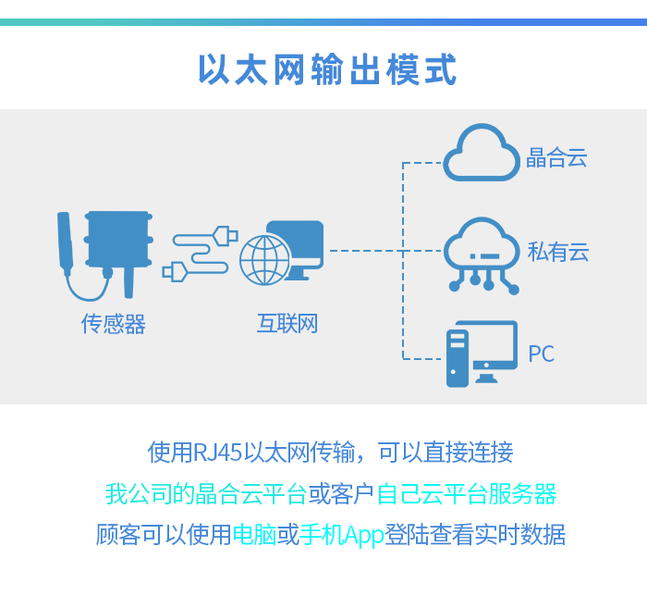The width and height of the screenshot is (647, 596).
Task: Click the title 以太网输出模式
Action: [x=327, y=69]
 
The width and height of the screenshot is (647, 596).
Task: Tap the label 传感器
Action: [x=114, y=323]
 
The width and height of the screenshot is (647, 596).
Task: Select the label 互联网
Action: [x=287, y=323]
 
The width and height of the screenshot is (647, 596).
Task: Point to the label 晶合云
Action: [x=556, y=157]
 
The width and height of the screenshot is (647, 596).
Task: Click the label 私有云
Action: [x=558, y=252]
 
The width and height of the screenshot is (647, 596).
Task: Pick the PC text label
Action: [x=542, y=354]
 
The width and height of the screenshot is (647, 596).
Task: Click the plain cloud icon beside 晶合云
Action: [x=482, y=153]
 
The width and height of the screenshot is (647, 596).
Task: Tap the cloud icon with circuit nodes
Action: [x=482, y=255]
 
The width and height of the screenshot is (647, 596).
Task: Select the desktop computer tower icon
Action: [x=458, y=358]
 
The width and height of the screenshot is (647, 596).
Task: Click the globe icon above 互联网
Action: [x=265, y=260]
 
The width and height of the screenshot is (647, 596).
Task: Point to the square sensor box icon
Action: [x=118, y=239]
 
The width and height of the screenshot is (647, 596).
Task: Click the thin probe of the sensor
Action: [x=66, y=242]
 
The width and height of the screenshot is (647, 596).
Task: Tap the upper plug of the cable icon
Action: [x=226, y=236]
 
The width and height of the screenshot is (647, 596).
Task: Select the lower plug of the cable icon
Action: [x=175, y=272]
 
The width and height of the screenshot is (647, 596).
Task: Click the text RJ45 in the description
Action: [x=217, y=452]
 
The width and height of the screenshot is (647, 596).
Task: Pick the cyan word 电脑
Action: [x=254, y=535]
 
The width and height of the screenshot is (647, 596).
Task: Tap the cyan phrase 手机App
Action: [x=342, y=535]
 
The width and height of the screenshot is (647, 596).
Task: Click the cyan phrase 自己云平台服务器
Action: [x=467, y=493]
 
